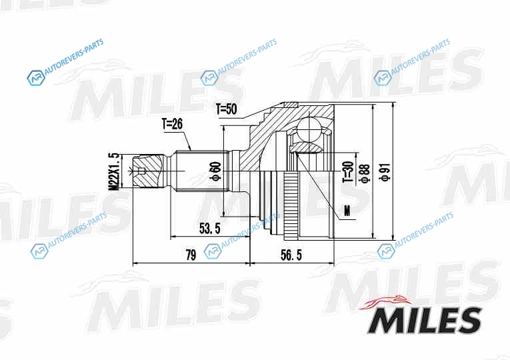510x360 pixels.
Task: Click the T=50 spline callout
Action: (227, 109)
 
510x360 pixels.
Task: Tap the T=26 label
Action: (172, 124)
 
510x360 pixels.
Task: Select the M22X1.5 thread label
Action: (114, 171)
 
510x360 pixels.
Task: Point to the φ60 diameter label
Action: (217, 171)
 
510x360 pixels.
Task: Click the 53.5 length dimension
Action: (210, 229)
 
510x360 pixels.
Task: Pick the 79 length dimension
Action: (191, 255)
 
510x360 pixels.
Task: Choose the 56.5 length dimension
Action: (291, 255)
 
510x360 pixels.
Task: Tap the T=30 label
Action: (348, 171)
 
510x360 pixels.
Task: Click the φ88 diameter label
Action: (365, 173)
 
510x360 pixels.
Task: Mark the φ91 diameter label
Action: (385, 172)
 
